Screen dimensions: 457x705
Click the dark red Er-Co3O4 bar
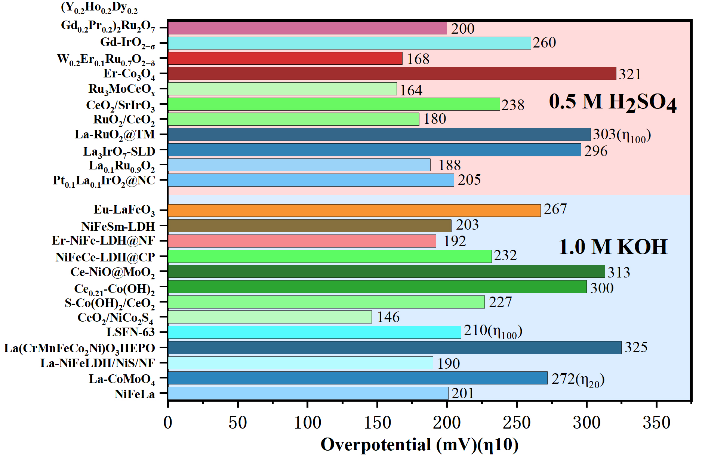392,74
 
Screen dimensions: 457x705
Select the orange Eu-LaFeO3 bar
354,211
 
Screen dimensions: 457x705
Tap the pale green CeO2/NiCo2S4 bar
270,317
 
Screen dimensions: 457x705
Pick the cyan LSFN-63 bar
314,332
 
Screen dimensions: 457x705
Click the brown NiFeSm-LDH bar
310,226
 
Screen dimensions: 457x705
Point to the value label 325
636,347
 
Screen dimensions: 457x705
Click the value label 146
388,317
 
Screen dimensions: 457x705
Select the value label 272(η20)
578,380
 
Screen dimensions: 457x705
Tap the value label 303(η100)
622,135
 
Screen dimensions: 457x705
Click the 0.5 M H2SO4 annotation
613,102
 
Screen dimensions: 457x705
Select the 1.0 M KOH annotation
613,247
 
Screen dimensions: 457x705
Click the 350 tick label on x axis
656,423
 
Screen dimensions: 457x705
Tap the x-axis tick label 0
168,423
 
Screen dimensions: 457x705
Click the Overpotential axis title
419,445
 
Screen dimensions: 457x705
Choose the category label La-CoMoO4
122,379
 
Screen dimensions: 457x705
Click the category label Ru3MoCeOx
122,89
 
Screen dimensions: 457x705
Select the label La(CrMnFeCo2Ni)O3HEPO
80,349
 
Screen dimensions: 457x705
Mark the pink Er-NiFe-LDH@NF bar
302,241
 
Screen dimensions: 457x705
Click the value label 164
411,90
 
